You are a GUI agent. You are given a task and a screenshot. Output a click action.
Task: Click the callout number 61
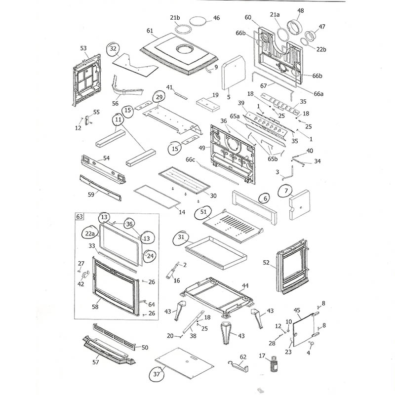click(151, 30)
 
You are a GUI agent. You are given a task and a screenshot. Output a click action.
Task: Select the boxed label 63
click(79, 216)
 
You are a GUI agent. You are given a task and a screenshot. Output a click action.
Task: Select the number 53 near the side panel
click(83, 48)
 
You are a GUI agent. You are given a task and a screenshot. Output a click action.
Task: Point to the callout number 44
click(245, 286)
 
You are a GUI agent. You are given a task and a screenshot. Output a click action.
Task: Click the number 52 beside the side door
click(266, 263)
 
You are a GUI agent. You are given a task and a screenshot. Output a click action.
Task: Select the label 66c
click(191, 160)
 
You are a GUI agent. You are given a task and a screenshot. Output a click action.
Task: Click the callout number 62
click(242, 356)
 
